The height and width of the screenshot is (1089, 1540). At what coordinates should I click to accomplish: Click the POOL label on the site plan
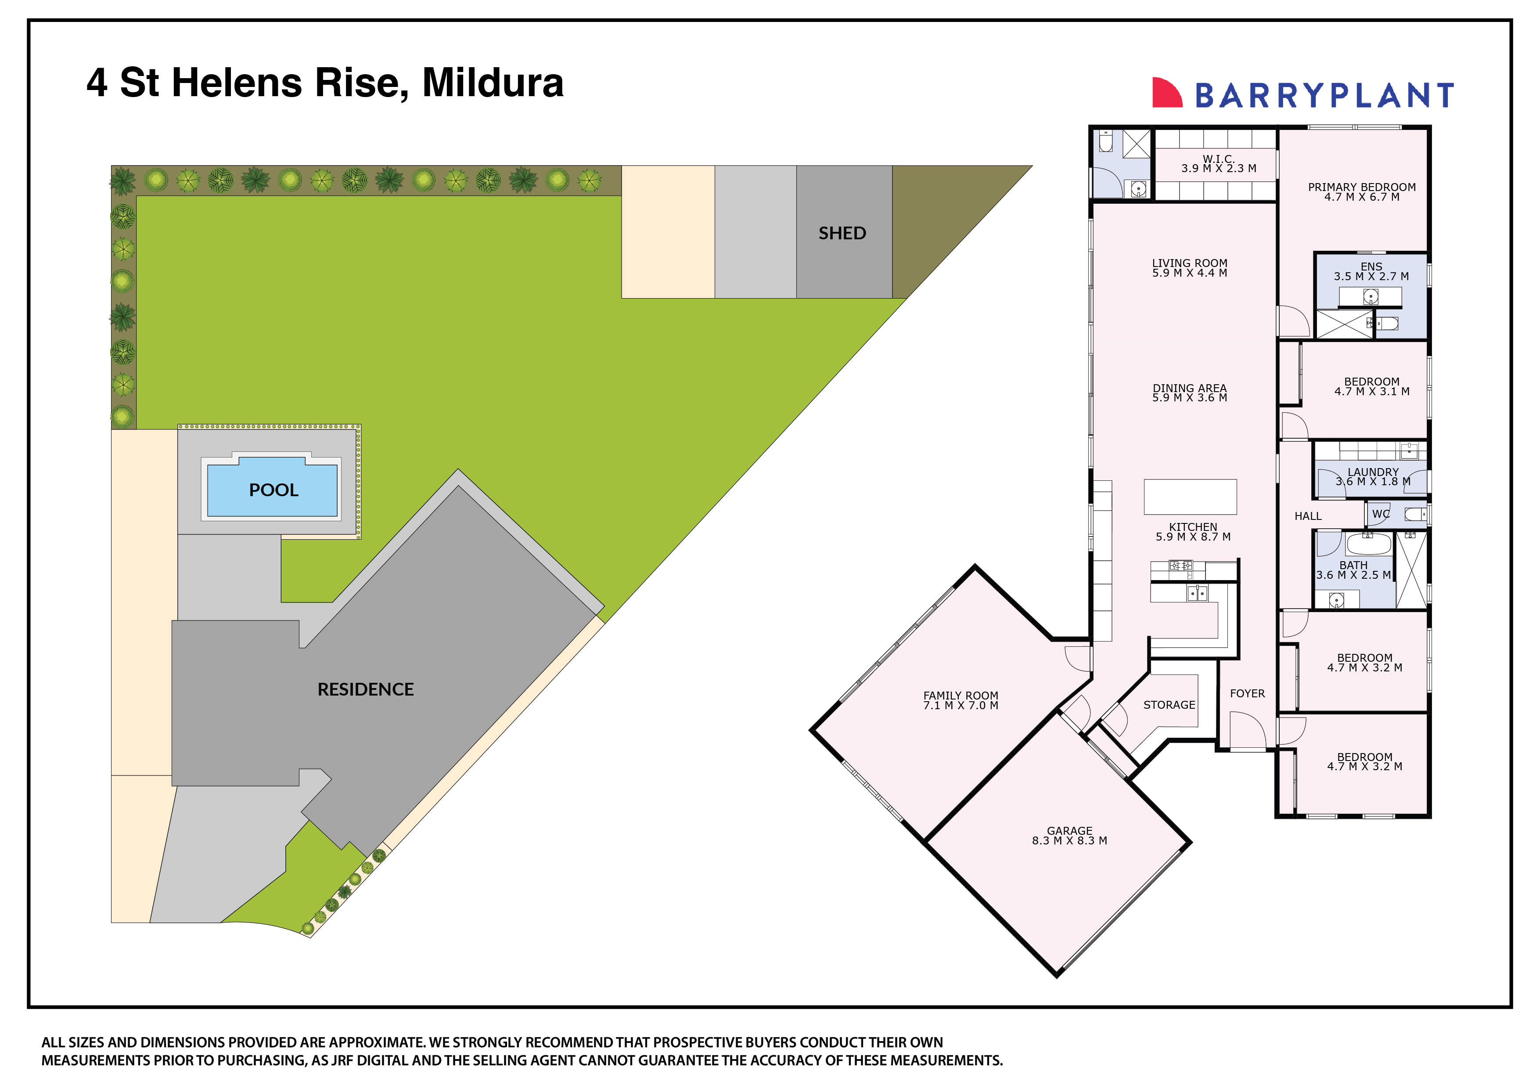273,490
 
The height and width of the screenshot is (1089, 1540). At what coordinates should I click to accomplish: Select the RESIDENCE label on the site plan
366,690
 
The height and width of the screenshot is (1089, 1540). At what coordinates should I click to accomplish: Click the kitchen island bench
1190,497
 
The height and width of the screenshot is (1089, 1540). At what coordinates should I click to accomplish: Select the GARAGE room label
1070,831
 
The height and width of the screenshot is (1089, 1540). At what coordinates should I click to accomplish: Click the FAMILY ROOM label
961,696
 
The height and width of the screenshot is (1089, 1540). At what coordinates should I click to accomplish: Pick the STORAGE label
1169,705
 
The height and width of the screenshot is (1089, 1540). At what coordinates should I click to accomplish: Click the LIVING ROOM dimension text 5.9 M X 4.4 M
1190,273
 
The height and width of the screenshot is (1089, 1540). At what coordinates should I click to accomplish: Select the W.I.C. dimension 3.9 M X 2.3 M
1219,169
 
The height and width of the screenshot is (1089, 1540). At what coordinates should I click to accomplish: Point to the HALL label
1308,516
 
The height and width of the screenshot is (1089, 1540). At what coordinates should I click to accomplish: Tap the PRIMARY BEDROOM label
1362,187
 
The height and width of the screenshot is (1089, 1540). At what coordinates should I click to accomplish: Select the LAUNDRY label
1373,472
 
